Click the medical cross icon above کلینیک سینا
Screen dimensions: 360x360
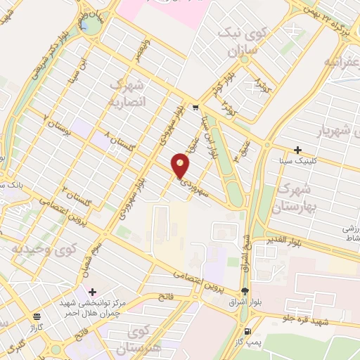click(298, 150)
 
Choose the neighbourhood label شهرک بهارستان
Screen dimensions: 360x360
click(297, 196)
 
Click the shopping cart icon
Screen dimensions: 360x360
click(195, 108)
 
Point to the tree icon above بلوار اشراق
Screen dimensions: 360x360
click(244, 291)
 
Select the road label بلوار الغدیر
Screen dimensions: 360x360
click(284, 241)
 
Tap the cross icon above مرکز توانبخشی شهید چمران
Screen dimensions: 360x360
click(92, 291)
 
